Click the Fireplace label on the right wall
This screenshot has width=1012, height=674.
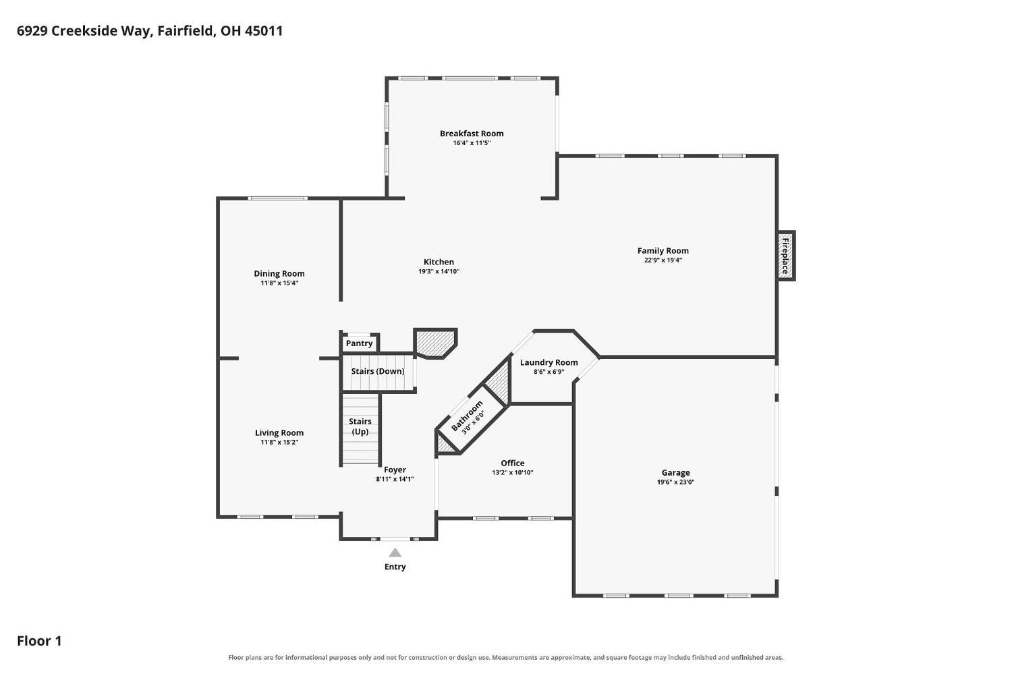tap(785, 256)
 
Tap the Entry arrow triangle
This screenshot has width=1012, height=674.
tap(395, 553)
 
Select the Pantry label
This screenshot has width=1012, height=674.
tap(359, 343)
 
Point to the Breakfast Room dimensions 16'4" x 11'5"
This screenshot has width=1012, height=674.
tap(472, 143)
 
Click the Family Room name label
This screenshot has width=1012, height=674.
tap(663, 251)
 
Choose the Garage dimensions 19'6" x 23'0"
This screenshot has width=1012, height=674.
tap(675, 482)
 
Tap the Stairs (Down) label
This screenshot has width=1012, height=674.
tap(378, 371)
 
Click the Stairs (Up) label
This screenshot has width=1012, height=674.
tap(360, 426)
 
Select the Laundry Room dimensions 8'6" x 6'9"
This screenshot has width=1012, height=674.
tap(549, 372)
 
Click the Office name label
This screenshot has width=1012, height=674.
tap(512, 463)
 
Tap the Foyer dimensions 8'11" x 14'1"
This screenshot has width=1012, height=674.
tap(395, 479)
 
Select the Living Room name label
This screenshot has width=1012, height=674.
tap(279, 432)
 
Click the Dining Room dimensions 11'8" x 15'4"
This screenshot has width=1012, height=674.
tap(279, 283)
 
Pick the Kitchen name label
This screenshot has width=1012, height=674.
tap(439, 262)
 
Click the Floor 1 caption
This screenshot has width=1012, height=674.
tap(39, 641)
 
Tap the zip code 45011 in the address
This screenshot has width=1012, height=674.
tap(264, 31)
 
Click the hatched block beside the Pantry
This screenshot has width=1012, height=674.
tap(435, 343)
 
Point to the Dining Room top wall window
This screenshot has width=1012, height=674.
tap(278, 198)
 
